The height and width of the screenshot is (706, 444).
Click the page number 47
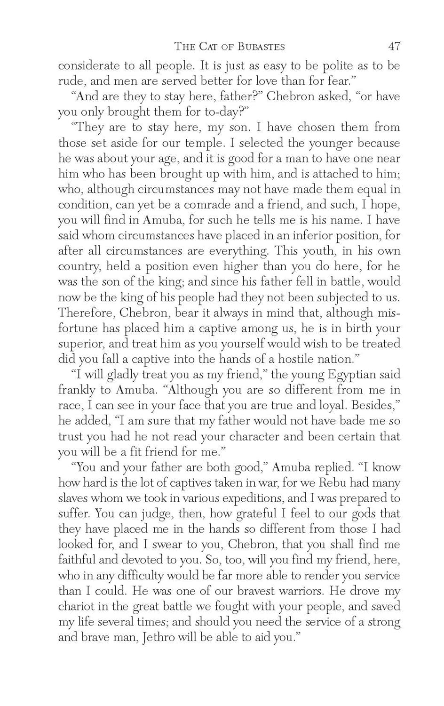[x=394, y=46]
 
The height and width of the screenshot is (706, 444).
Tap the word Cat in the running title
[x=209, y=47]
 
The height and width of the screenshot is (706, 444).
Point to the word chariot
[x=76, y=606]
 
